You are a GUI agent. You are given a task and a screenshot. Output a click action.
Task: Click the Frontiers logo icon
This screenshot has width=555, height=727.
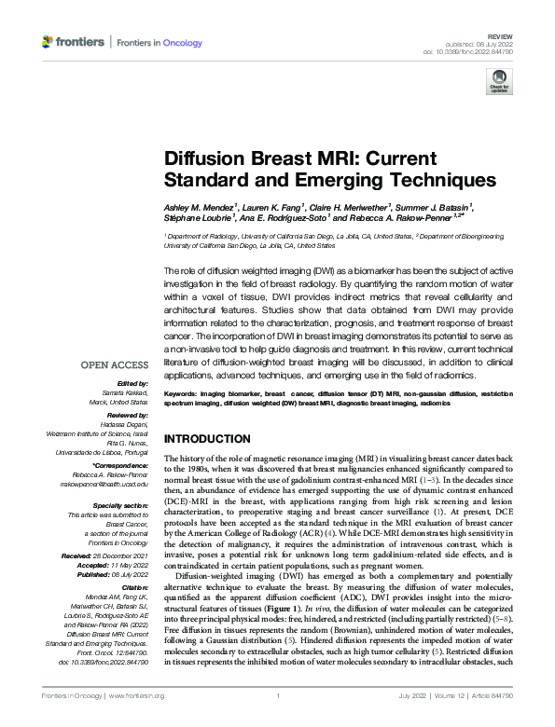(x=48, y=43)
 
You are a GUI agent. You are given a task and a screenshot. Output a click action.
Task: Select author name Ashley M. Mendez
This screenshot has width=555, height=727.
(x=203, y=205)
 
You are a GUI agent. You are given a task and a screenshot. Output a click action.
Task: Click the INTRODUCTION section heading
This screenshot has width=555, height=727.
(x=209, y=438)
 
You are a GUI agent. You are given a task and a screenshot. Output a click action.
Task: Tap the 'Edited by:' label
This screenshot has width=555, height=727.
(x=128, y=384)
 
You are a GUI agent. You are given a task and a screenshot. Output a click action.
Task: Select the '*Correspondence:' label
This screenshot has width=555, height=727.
(x=119, y=464)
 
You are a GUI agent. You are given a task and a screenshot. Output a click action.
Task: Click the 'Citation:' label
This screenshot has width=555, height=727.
(x=132, y=588)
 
